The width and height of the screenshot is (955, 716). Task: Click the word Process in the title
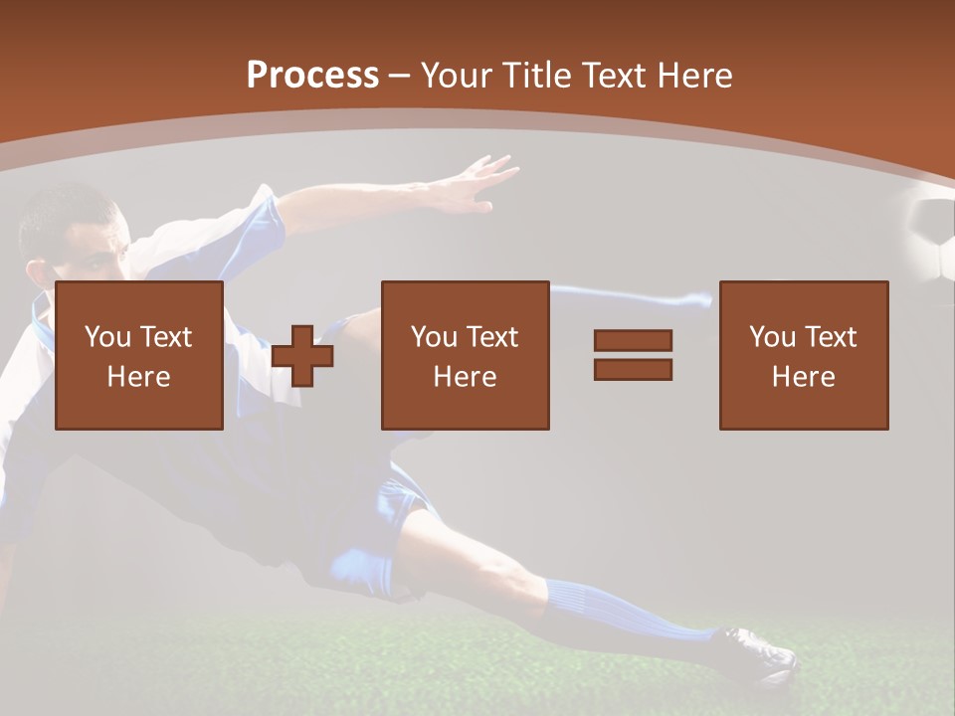pyautogui.click(x=312, y=76)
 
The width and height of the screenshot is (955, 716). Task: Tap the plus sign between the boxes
pyautogui.click(x=302, y=356)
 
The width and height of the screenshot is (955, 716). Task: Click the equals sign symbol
pyautogui.click(x=633, y=355)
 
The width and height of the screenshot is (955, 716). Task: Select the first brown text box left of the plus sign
pyautogui.click(x=139, y=355)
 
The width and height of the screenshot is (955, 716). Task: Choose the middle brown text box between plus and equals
pyautogui.click(x=465, y=355)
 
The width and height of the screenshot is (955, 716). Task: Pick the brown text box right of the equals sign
pyautogui.click(x=803, y=355)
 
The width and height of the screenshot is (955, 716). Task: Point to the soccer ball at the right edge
pyautogui.click(x=934, y=239)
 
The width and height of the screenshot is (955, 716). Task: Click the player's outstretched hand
pyautogui.click(x=477, y=185)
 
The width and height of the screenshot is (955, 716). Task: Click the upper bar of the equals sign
pyautogui.click(x=633, y=340)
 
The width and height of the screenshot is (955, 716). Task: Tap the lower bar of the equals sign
pyautogui.click(x=633, y=369)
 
